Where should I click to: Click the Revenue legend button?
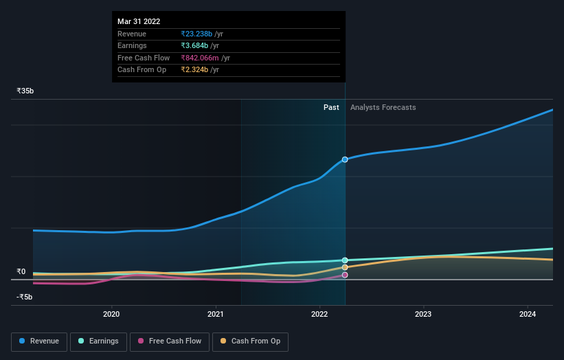(x=40, y=341)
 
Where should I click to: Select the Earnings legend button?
(x=99, y=341)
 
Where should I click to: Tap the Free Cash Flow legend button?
(x=170, y=341)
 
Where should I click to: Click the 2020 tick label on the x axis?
(x=111, y=315)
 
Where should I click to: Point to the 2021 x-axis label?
(x=216, y=315)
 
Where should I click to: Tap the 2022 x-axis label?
(x=319, y=315)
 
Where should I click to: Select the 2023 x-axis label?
(x=423, y=315)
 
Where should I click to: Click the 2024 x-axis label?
(x=528, y=315)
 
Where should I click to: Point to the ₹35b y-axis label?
(x=25, y=91)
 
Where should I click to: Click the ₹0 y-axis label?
(x=21, y=271)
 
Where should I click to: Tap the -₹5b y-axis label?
(x=25, y=297)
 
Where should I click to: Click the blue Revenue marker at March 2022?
(x=345, y=159)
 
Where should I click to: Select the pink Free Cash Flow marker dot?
(x=345, y=275)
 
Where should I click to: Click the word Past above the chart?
(x=331, y=107)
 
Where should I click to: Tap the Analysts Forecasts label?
(x=383, y=107)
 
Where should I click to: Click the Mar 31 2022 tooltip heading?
(x=139, y=21)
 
